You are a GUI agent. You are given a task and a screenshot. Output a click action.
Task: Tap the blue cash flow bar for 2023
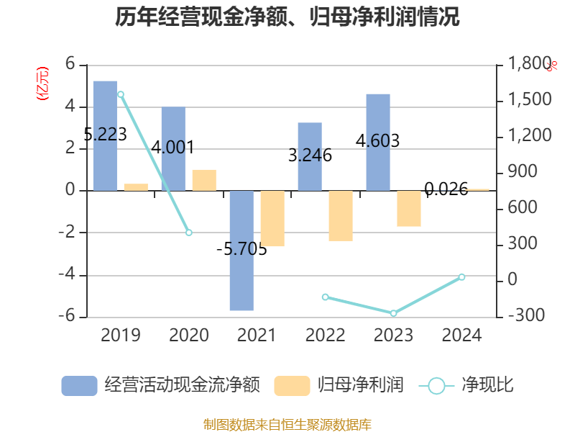(x=378, y=142)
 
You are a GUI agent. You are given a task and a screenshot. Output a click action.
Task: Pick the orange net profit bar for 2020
(x=204, y=180)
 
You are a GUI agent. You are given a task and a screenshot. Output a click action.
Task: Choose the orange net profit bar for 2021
(x=272, y=219)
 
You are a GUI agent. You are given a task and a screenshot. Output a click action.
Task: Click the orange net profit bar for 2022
(x=341, y=216)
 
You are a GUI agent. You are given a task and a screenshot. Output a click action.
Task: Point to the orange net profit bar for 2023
(x=409, y=209)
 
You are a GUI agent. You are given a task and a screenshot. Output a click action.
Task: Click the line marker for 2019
(x=121, y=94)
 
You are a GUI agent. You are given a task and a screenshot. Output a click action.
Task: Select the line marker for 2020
(x=189, y=233)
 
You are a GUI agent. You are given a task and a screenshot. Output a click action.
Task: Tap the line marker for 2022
(x=325, y=297)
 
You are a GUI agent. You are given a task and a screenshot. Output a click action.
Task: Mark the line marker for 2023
(x=393, y=313)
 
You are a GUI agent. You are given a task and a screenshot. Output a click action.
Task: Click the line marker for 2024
(x=461, y=277)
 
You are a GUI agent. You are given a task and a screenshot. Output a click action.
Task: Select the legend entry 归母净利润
(x=339, y=385)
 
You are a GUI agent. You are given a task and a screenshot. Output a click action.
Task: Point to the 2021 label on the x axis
(x=257, y=335)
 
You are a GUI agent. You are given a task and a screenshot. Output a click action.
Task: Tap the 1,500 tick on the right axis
(x=530, y=100)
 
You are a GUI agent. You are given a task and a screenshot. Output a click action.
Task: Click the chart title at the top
(x=287, y=17)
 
